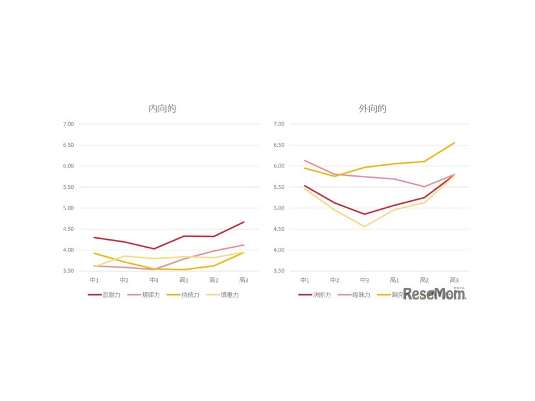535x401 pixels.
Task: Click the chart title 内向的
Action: (162, 109)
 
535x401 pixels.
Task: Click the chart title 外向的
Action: (372, 109)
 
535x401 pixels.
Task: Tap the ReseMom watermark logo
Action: (434, 294)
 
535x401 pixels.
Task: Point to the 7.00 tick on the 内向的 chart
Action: (69, 124)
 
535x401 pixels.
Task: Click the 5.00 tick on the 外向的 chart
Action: (279, 208)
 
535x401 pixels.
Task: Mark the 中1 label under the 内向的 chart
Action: (95, 280)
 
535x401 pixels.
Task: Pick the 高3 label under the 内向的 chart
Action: (244, 280)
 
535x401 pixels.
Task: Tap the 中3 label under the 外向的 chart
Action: (364, 280)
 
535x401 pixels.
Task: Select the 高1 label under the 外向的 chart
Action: (394, 280)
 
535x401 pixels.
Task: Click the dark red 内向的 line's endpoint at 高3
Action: (244, 222)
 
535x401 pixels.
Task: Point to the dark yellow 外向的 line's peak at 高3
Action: (454, 143)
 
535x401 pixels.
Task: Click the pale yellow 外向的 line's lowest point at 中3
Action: (364, 226)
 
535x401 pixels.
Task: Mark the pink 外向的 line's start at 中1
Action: (304, 160)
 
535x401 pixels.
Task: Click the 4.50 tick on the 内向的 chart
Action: (69, 229)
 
